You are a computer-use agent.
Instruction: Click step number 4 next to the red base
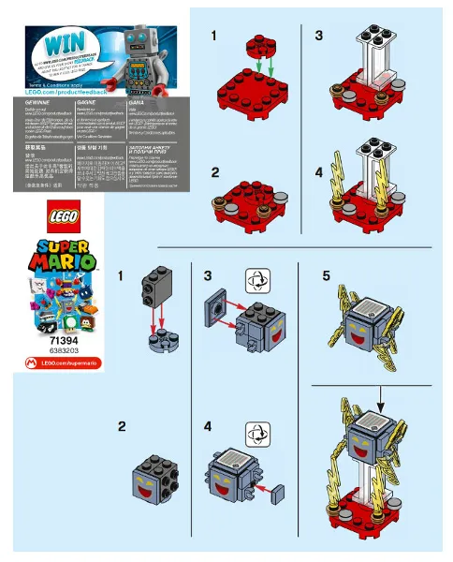[318, 173]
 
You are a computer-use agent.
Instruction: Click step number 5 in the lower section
[326, 276]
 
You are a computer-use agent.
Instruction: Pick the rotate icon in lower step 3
[255, 280]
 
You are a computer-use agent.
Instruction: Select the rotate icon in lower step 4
[255, 432]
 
